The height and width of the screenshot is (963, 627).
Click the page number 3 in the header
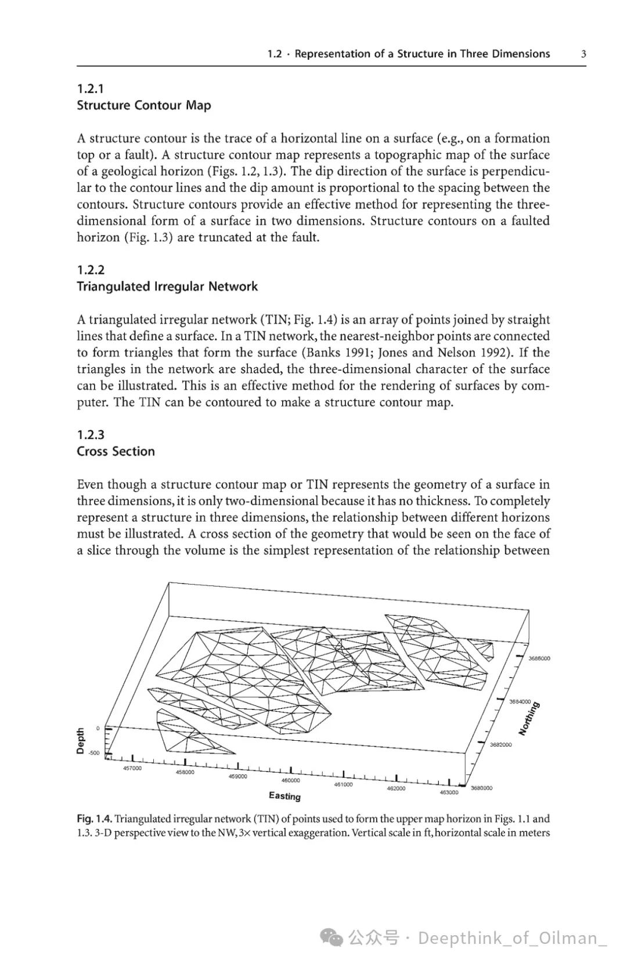tap(583, 54)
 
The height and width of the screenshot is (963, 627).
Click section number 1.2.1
tap(90, 89)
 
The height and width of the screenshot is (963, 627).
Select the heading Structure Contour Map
tap(143, 106)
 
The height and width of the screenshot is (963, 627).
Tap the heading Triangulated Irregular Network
tap(167, 287)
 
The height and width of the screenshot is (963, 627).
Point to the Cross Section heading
tap(116, 452)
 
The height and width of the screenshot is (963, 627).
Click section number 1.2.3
tap(91, 435)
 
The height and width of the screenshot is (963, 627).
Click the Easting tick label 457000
tap(132, 768)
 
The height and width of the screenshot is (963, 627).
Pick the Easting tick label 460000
tap(290, 780)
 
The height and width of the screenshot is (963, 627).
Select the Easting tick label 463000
tap(449, 792)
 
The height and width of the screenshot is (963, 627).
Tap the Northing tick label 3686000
tap(539, 658)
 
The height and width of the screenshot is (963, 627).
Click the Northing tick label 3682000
tap(501, 744)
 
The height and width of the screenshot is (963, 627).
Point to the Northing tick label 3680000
tap(481, 788)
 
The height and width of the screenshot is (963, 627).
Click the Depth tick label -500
tap(94, 753)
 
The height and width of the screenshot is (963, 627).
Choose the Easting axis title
tap(284, 796)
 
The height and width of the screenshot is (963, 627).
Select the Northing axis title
tap(529, 719)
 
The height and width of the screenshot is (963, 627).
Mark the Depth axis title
tap(81, 741)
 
